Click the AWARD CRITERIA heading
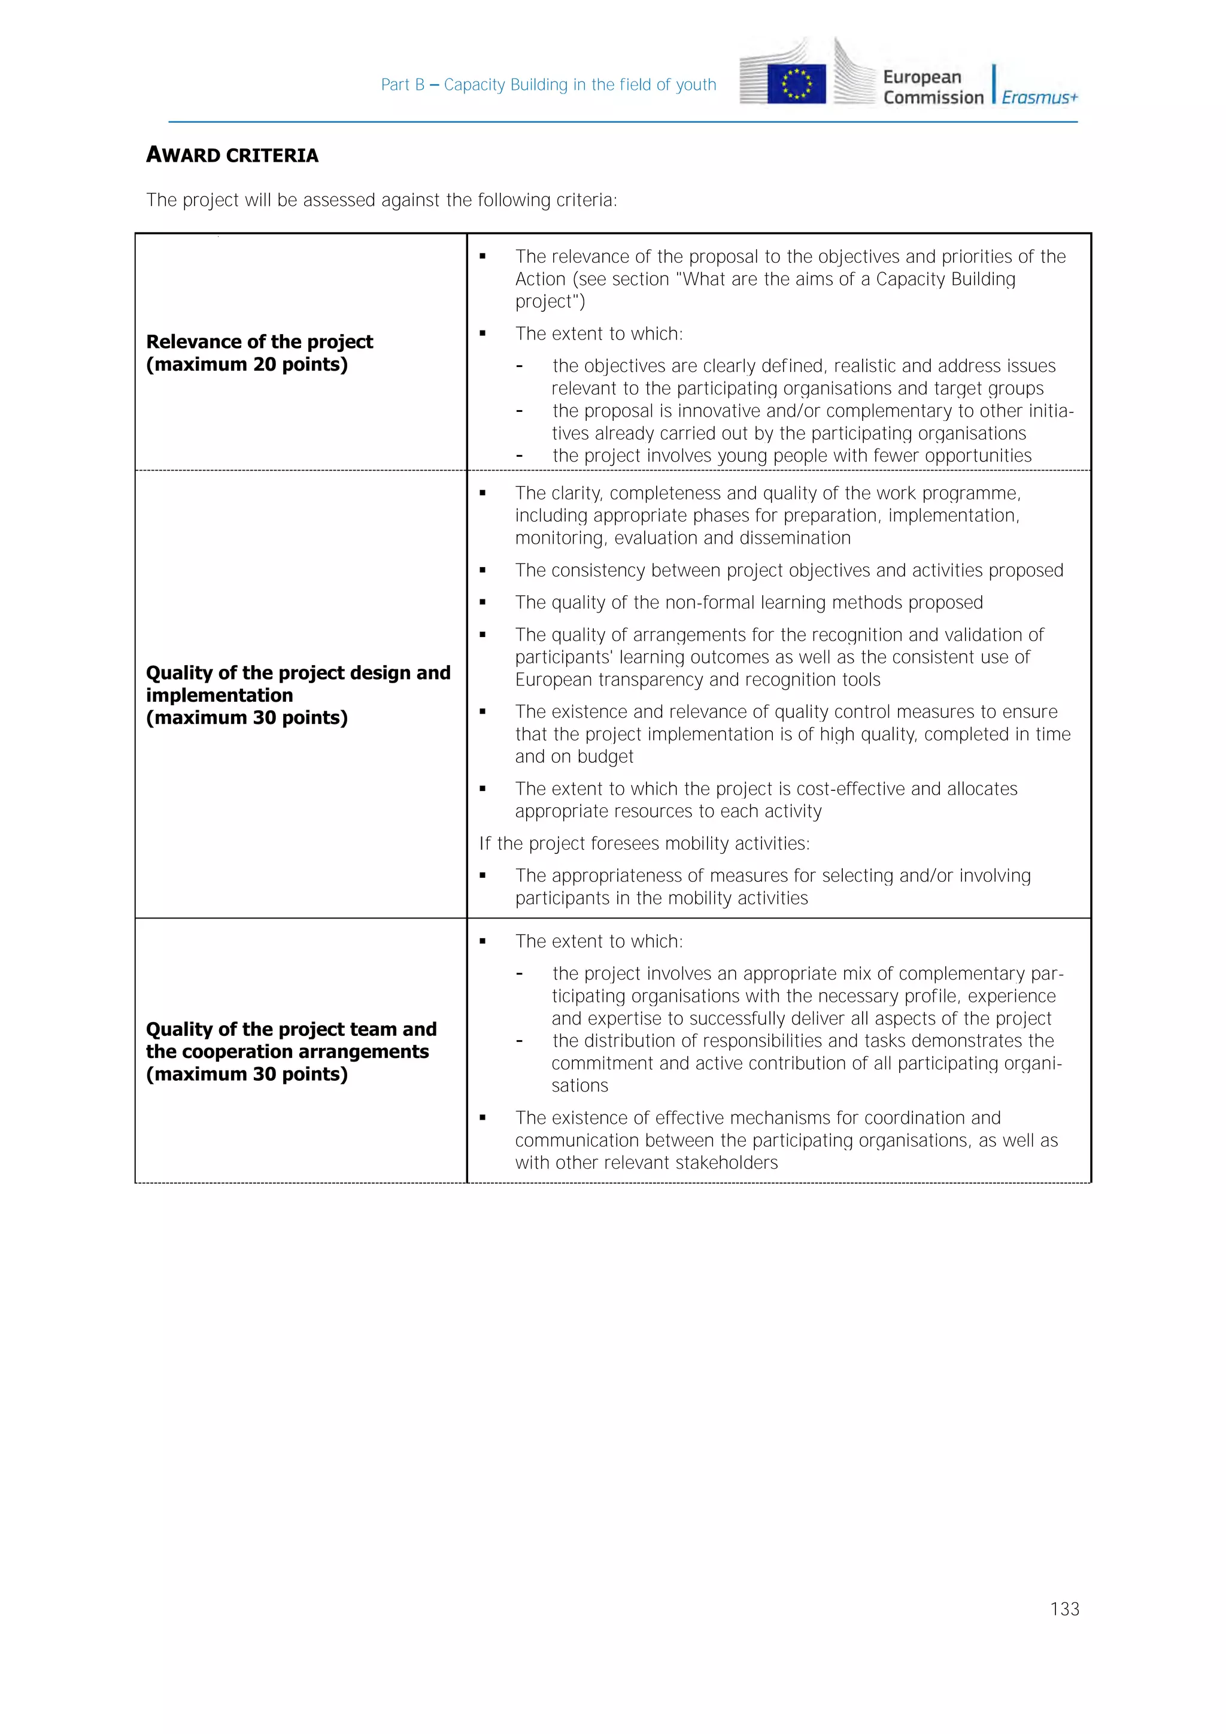[232, 155]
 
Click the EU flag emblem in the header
[796, 84]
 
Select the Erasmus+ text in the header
[1040, 98]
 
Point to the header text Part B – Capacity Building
[548, 84]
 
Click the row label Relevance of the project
[259, 341]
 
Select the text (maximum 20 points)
[247, 364]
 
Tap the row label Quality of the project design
[298, 672]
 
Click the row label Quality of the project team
[291, 1029]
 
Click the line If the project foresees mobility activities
[644, 843]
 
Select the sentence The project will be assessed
[381, 200]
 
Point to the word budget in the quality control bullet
[605, 757]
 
